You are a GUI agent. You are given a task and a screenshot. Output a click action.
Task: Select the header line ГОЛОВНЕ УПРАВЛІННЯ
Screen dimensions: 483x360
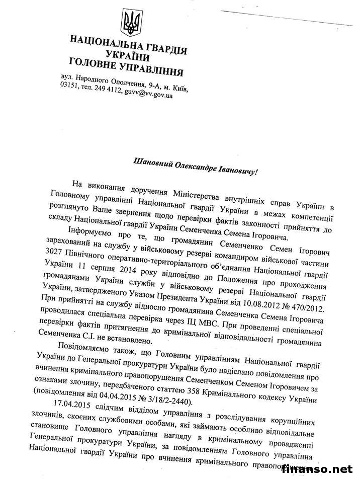pos(126,69)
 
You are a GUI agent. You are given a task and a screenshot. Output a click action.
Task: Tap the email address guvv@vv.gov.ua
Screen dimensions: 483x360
pos(148,95)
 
